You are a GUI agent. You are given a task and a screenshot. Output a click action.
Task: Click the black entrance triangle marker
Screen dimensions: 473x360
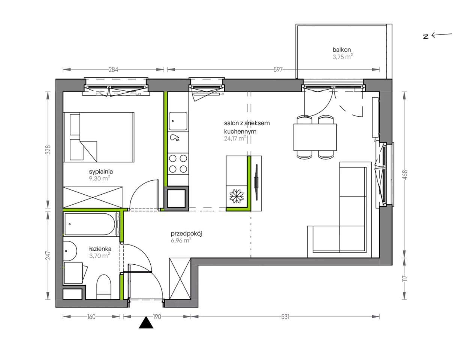[146, 322]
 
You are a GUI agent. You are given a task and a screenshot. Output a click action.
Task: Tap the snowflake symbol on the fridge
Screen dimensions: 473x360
[236, 196]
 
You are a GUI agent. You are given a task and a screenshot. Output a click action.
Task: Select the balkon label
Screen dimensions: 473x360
[341, 50]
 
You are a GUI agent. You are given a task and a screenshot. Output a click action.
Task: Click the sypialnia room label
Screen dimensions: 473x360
[101, 172]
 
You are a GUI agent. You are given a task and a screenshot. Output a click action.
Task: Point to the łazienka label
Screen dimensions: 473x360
[100, 249]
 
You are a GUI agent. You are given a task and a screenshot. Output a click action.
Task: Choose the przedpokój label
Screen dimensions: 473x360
[186, 234]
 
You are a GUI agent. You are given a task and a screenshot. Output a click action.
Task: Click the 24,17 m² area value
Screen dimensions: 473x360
[235, 138]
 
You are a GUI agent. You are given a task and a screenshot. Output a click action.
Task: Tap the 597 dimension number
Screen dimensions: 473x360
[278, 70]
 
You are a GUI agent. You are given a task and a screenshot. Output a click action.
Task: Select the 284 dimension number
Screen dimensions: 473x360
[113, 70]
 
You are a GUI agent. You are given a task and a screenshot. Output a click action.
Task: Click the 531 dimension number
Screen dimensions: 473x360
[285, 317]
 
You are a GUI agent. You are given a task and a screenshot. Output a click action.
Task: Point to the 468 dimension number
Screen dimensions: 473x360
[405, 175]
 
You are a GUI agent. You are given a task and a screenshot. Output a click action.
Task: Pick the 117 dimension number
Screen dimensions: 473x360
[405, 279]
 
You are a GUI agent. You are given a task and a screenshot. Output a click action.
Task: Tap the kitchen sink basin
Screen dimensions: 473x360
[178, 121]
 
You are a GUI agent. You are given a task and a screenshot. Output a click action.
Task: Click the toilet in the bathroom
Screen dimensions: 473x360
[104, 287]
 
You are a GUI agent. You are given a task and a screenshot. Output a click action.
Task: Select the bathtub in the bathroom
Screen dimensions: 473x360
[90, 224]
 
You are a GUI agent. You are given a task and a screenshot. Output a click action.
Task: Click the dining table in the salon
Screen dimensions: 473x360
[315, 137]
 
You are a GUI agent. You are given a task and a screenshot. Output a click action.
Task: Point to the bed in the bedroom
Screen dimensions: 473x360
[99, 137]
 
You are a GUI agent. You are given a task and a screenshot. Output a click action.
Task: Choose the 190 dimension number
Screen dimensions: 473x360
[157, 317]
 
